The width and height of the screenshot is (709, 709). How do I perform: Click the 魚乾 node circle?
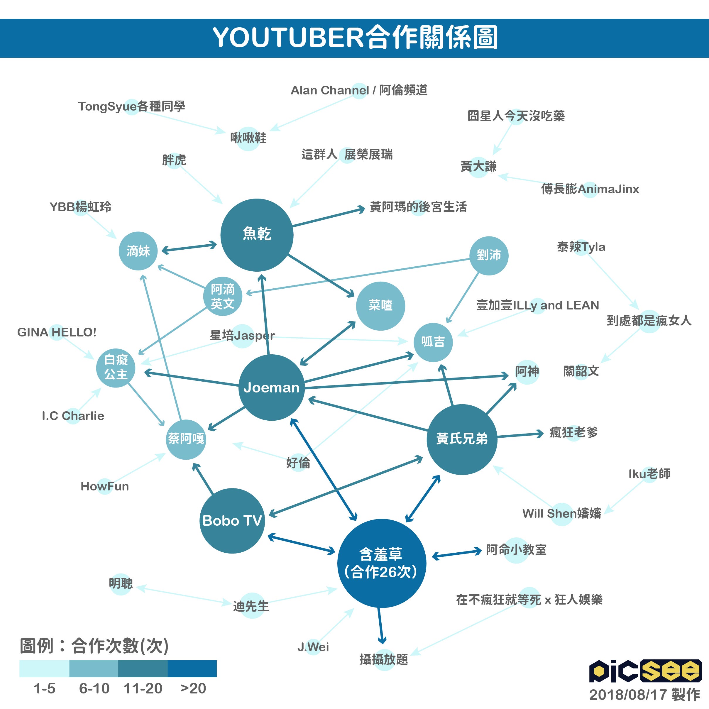coord(257,235)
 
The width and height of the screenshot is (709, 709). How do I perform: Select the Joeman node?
coord(272,388)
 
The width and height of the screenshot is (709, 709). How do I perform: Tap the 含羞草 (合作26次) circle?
coord(382,563)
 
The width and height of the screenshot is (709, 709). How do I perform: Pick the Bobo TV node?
coord(232,521)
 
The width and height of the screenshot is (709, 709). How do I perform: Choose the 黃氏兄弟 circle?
coord(462,439)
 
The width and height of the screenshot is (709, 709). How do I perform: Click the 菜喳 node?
coord(380,306)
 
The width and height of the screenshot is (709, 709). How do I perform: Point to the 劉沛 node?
coord(489,256)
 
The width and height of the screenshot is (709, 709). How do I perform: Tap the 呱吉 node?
coord(433,342)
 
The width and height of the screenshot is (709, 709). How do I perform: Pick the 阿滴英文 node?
coord(223,296)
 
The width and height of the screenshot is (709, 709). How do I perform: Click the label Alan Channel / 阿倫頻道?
coord(359,90)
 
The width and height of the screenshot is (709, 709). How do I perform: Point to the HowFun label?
coord(105,486)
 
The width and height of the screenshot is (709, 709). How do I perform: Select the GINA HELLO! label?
coord(57,332)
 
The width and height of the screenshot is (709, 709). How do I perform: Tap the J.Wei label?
coord(313,647)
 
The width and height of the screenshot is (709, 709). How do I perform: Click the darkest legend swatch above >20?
coord(192,668)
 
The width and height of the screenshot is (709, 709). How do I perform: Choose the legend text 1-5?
coord(44,688)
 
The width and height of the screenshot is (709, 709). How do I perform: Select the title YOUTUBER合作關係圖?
coord(354,38)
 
